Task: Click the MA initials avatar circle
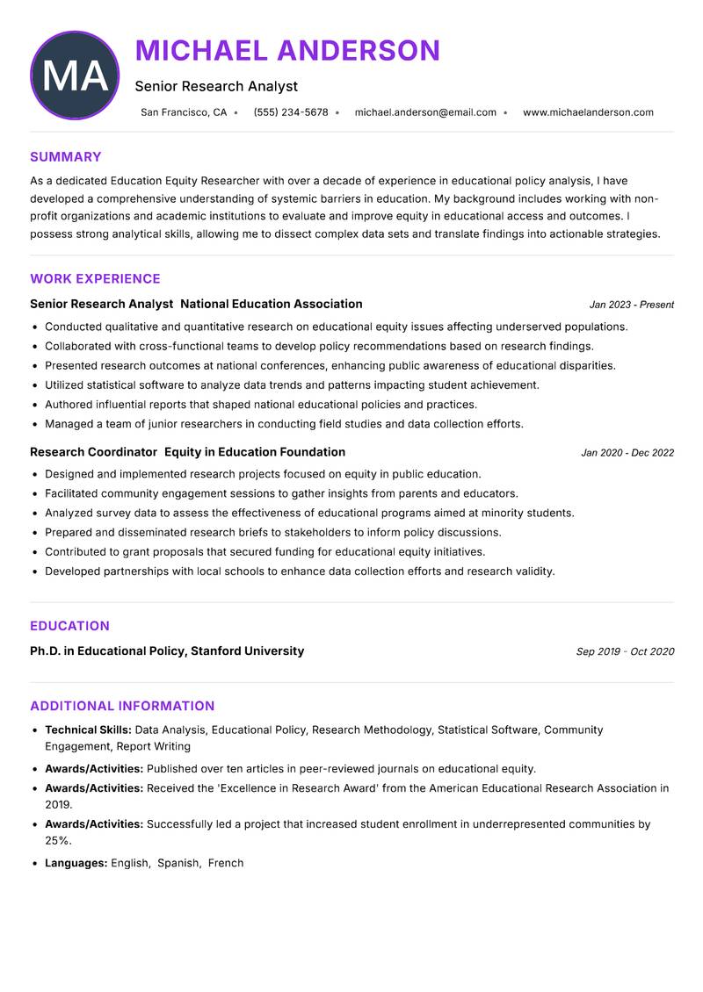click(75, 75)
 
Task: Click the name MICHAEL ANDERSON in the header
click(287, 51)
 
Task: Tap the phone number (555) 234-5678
click(290, 112)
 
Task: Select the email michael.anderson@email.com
click(425, 112)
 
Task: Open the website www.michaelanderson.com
click(588, 112)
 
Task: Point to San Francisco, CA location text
click(184, 112)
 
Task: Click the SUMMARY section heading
click(66, 157)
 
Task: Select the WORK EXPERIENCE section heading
click(95, 279)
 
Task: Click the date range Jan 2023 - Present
click(631, 305)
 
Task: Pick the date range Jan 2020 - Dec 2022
click(627, 453)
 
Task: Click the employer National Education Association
click(272, 304)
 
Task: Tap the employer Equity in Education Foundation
click(255, 452)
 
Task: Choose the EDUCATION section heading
click(69, 626)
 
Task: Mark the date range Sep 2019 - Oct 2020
click(625, 652)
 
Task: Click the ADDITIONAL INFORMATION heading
click(122, 706)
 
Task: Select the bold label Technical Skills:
click(88, 730)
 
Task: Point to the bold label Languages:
click(76, 863)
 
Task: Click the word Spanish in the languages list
click(178, 863)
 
